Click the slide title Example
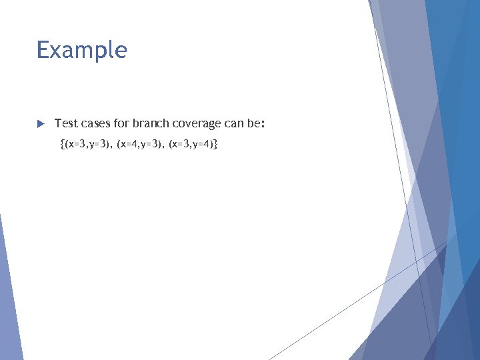click(x=81, y=51)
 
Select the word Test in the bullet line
click(x=65, y=123)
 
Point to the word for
click(x=121, y=123)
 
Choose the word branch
click(x=151, y=123)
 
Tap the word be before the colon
click(x=255, y=123)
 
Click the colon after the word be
click(x=264, y=124)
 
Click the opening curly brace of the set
click(x=62, y=143)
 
